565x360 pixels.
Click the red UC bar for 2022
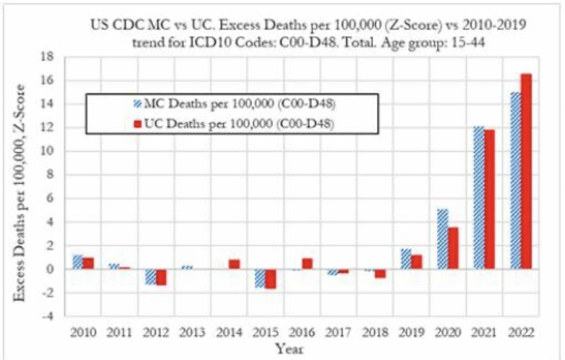(525, 171)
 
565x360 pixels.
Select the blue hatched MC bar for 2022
(515, 180)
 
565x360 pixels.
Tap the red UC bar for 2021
(489, 199)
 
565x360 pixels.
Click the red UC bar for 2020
(453, 248)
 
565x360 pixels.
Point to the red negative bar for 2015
(270, 279)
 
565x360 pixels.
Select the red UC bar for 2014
(234, 264)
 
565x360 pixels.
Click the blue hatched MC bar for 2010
(78, 262)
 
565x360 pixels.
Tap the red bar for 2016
(307, 264)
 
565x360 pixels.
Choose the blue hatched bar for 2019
(406, 259)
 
